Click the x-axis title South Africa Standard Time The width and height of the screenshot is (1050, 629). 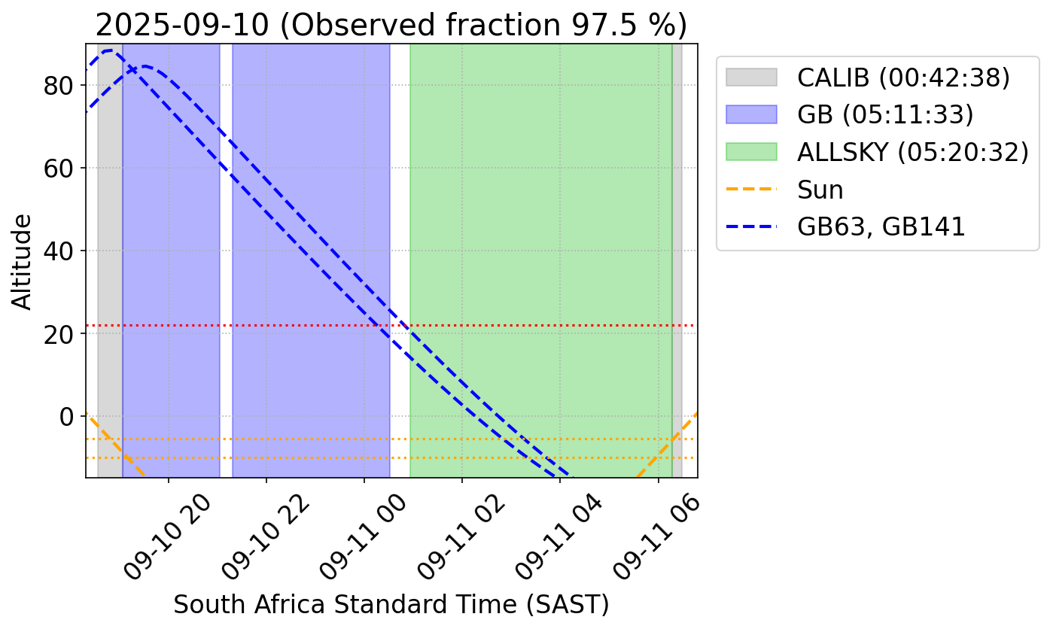point(391,604)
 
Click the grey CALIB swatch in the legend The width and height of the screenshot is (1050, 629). point(750,77)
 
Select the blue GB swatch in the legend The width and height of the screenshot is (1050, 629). point(750,114)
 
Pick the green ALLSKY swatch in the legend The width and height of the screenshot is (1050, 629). point(750,152)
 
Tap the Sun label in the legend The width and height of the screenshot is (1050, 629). point(820,190)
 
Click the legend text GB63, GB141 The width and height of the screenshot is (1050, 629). point(881,226)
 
